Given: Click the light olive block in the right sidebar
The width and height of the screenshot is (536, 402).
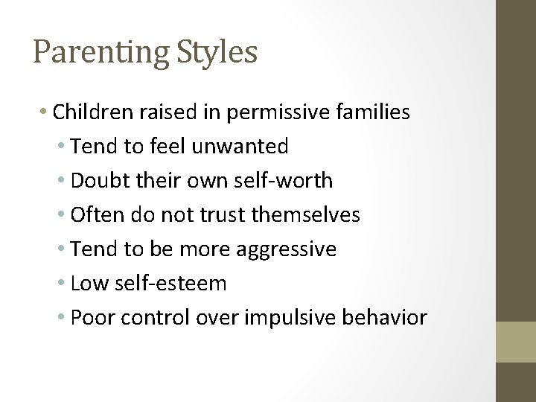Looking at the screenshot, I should click(516, 342).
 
